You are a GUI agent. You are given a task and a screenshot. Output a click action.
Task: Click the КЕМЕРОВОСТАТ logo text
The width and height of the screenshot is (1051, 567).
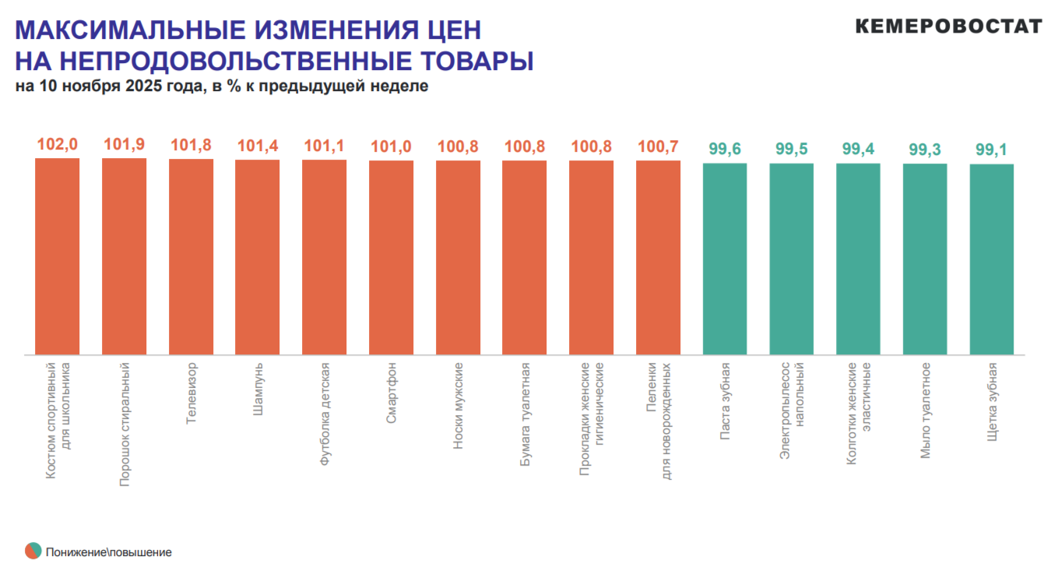pyautogui.click(x=948, y=26)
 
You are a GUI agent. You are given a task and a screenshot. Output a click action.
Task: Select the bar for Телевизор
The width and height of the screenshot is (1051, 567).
pyautogui.click(x=191, y=257)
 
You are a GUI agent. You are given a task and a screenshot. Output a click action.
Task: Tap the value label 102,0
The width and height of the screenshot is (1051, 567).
pyautogui.click(x=58, y=144)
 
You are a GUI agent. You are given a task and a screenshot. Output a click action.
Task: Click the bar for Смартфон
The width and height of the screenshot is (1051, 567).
pyautogui.click(x=391, y=257)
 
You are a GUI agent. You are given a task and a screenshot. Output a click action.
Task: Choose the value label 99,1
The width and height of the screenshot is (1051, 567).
pyautogui.click(x=991, y=150)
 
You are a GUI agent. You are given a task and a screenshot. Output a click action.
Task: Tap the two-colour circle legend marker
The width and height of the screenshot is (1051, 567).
pyautogui.click(x=33, y=551)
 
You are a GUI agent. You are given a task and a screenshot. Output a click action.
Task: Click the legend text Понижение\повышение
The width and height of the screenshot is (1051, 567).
pyautogui.click(x=108, y=552)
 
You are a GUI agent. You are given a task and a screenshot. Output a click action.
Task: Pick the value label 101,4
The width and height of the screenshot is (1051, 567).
pyautogui.click(x=258, y=146)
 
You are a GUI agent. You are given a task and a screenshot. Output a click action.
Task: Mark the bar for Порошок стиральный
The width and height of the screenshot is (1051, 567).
pyautogui.click(x=125, y=256)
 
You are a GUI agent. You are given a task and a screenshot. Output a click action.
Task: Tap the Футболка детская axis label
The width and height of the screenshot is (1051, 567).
pyautogui.click(x=325, y=413)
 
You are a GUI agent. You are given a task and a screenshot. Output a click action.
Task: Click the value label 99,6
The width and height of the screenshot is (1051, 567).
pyautogui.click(x=725, y=150)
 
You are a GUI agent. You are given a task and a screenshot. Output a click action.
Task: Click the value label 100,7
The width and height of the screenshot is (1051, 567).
pyautogui.click(x=658, y=146)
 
